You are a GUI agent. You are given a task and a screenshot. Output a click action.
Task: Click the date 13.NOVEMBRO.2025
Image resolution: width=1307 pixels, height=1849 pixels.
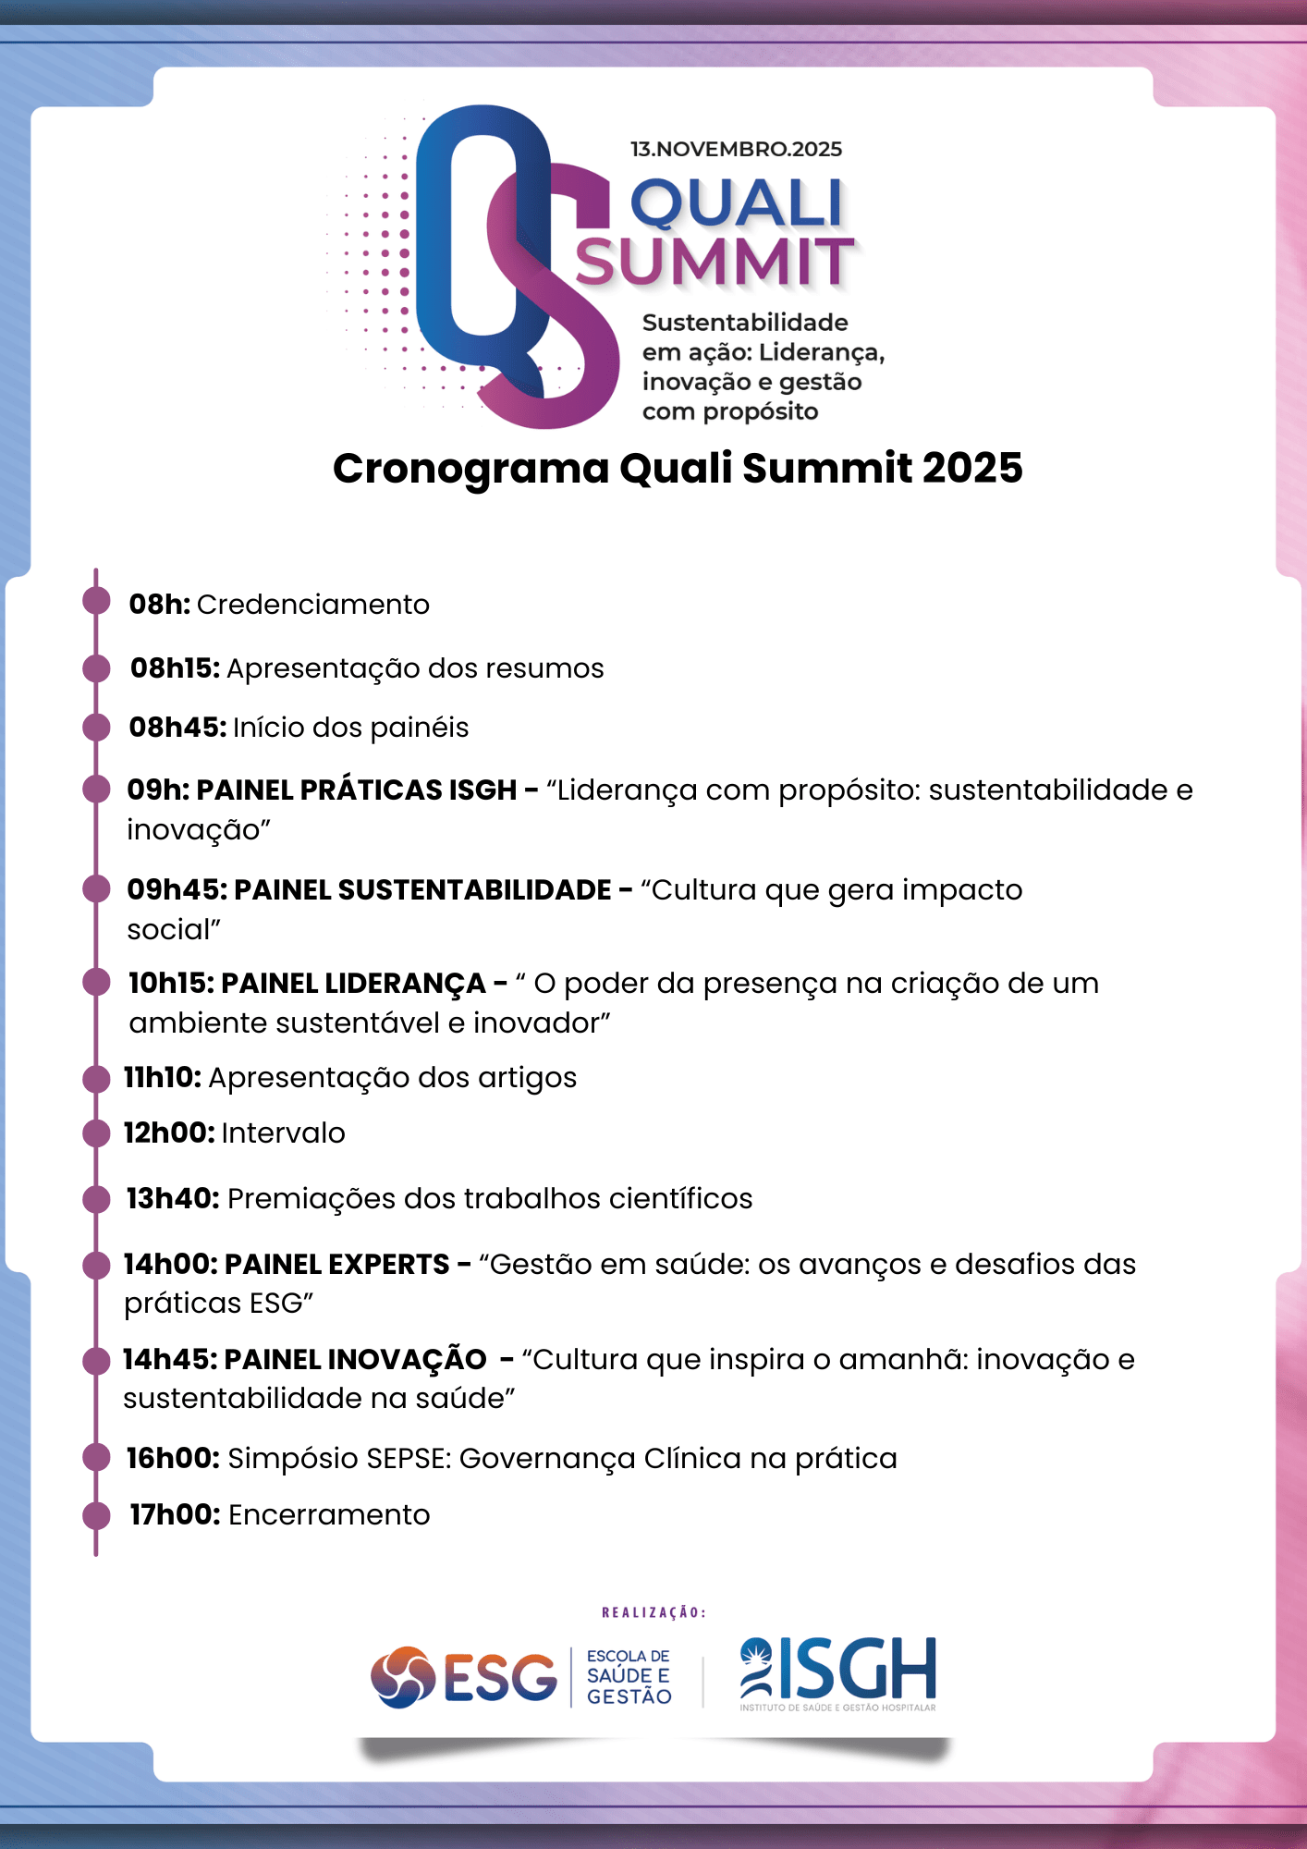tap(736, 149)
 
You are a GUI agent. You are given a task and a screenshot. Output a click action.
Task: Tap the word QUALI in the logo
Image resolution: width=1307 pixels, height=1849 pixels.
tap(737, 203)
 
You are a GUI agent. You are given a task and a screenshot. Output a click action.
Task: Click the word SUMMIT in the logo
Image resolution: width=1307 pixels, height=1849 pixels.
tap(715, 262)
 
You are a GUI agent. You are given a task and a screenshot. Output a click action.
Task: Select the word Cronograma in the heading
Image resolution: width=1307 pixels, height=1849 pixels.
tap(470, 468)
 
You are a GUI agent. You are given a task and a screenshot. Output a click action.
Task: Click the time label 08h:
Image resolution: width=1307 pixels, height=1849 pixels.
tap(159, 605)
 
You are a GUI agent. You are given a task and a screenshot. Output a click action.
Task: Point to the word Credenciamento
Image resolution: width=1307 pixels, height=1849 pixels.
tap(312, 605)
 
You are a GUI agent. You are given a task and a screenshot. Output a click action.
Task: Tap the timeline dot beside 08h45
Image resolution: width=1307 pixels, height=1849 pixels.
tap(96, 728)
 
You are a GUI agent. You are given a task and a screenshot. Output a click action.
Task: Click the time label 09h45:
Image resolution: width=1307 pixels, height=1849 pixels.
tap(177, 889)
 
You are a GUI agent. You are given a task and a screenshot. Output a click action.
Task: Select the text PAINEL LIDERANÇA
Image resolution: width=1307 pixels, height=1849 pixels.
tap(353, 983)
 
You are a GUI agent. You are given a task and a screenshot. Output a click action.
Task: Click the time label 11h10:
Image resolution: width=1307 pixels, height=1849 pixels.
tap(162, 1078)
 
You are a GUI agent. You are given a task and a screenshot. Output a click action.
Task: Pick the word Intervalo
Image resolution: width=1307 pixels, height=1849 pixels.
tap(283, 1133)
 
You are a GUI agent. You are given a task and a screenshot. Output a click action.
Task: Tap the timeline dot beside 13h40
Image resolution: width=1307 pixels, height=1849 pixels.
tap(96, 1199)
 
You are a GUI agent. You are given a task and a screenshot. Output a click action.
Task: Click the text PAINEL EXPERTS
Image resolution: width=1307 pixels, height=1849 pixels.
tap(336, 1264)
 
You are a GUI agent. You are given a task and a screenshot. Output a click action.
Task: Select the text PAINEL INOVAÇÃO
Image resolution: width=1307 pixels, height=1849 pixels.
tap(355, 1359)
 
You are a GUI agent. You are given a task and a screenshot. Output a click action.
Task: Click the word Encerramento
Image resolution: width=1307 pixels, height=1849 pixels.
tap(329, 1515)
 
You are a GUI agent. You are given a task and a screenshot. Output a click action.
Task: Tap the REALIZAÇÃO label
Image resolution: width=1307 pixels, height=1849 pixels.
tap(653, 1612)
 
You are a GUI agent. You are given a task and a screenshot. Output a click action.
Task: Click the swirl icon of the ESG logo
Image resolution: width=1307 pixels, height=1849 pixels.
tap(403, 1677)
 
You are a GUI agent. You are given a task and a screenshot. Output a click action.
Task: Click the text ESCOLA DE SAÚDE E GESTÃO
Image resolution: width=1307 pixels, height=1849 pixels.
tap(629, 1677)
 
